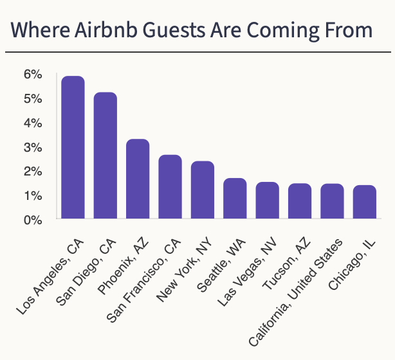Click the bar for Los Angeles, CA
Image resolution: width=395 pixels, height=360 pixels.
73,148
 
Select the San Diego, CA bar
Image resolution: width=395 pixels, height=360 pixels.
106,156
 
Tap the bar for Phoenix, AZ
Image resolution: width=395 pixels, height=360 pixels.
138,179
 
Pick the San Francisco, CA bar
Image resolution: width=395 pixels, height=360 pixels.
170,187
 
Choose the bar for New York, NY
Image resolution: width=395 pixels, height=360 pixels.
203,190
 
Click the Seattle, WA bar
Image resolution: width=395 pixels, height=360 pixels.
235,199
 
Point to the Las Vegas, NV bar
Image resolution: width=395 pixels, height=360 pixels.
267,201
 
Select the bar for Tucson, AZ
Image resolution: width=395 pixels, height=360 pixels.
299,201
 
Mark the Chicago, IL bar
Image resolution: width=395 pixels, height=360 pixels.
364,203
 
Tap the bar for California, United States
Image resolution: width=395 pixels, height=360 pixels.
332,201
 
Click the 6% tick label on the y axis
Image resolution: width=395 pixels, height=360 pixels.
33,75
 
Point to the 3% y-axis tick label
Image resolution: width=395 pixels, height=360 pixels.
33,147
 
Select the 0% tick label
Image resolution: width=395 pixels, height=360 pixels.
33,220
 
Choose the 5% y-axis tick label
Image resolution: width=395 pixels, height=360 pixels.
33,99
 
